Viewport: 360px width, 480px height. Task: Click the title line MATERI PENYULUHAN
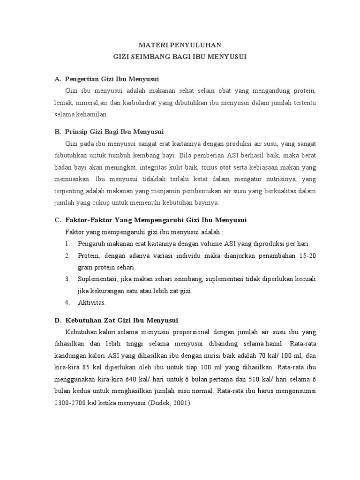[x=180, y=45]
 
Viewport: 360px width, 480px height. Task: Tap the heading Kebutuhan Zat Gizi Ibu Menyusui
[x=121, y=321]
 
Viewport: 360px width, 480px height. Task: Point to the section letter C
[x=58, y=220]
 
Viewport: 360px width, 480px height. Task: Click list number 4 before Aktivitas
[x=67, y=303]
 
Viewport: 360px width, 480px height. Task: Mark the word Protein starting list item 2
[x=88, y=256]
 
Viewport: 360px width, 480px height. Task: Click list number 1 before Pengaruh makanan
[x=67, y=244]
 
